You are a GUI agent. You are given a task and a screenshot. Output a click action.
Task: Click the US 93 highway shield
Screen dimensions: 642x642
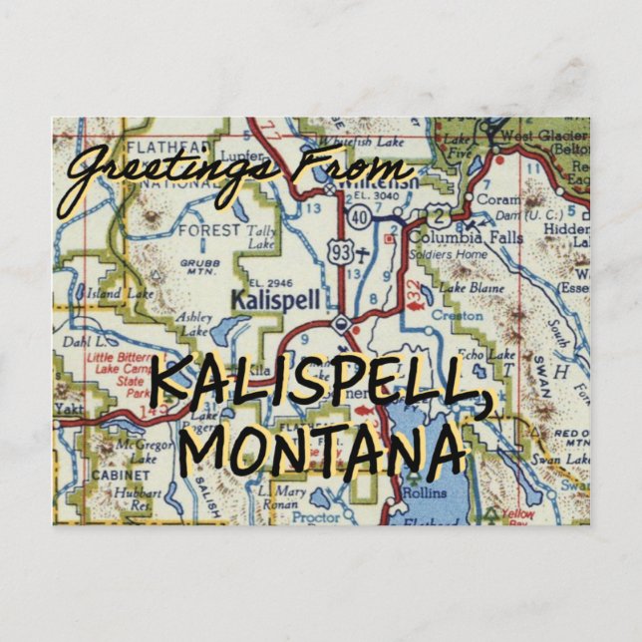342,254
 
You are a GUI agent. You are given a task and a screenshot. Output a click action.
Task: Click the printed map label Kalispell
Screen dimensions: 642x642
262,297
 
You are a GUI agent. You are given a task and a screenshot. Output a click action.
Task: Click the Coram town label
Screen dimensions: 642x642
498,198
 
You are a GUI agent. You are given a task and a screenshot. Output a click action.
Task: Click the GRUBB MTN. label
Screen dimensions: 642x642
198,268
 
